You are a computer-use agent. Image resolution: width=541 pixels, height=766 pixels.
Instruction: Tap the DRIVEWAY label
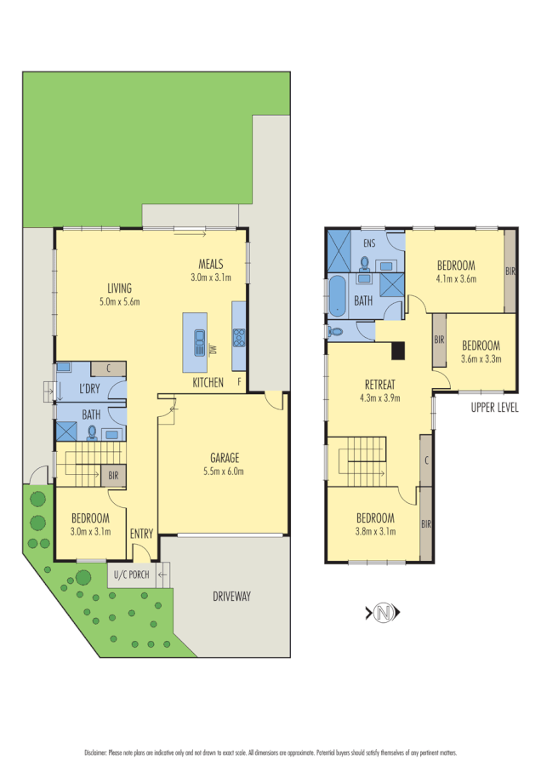[231, 597]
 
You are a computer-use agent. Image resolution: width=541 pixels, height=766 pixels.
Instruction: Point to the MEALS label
[211, 263]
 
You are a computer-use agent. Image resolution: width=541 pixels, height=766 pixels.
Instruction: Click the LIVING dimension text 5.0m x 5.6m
[119, 301]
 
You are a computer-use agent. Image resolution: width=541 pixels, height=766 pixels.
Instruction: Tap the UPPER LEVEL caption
[494, 408]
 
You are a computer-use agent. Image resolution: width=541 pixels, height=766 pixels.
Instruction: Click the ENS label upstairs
[368, 244]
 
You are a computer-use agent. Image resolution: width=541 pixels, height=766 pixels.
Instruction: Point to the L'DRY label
[91, 389]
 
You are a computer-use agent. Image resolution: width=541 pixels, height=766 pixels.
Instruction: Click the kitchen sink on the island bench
[200, 342]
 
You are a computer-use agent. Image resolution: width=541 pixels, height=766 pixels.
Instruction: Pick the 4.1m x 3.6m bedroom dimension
[455, 278]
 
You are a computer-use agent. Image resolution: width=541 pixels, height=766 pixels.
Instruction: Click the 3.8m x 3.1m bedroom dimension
[375, 532]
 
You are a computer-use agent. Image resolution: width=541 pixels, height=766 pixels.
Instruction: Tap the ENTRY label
[141, 534]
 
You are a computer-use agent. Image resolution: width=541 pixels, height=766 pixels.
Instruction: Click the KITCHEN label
[208, 382]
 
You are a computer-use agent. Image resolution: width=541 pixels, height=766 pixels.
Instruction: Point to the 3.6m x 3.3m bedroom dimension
[481, 358]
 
